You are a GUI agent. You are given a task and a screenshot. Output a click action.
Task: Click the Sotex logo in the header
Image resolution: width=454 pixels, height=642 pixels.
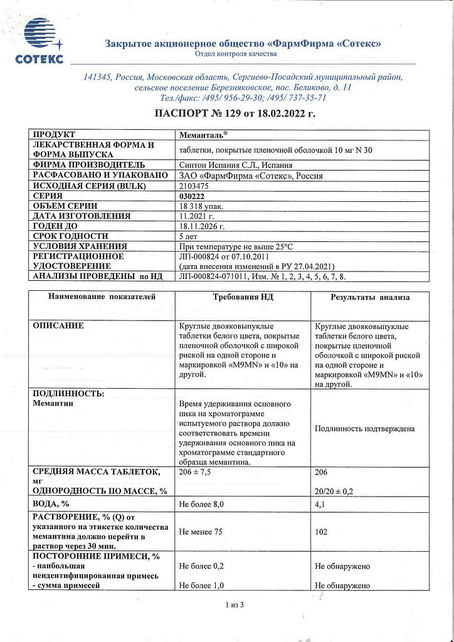[x=39, y=41]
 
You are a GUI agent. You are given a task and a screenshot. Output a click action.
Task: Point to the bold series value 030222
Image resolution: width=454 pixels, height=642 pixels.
[x=192, y=196]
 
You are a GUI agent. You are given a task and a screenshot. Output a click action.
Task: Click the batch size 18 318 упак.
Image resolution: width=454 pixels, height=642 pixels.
[x=201, y=206]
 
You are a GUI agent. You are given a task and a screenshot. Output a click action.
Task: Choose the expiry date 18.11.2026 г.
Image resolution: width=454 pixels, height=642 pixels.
[x=202, y=226]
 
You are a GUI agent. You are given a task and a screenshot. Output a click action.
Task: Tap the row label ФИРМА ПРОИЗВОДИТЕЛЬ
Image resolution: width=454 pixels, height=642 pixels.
[x=89, y=166]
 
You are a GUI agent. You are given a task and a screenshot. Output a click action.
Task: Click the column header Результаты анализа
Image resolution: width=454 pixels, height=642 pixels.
[x=370, y=297]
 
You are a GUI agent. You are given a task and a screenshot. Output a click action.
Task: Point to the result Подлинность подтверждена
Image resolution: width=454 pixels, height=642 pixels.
[x=365, y=429]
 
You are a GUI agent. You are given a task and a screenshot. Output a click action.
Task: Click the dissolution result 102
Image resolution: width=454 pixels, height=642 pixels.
[x=322, y=532]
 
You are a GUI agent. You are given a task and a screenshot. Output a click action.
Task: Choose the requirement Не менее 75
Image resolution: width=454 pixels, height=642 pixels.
[x=201, y=532]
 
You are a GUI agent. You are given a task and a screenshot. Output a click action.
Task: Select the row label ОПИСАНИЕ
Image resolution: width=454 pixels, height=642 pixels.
[x=58, y=326]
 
